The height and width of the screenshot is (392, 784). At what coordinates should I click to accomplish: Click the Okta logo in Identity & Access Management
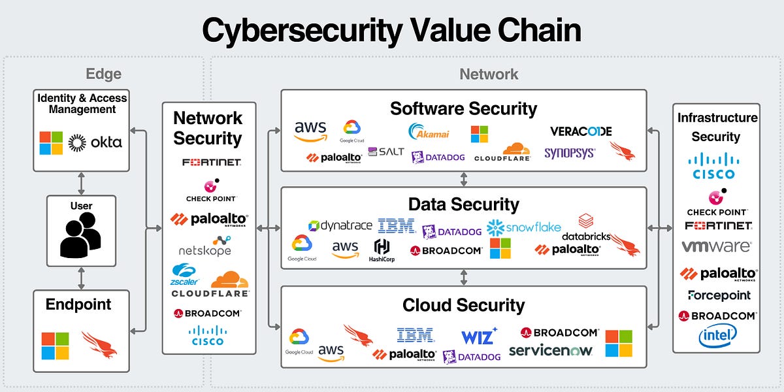pyautogui.click(x=95, y=142)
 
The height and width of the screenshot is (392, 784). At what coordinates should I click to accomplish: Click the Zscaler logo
pyautogui.click(x=184, y=273)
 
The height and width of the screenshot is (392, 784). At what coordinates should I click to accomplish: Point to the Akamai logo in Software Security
pyautogui.click(x=429, y=131)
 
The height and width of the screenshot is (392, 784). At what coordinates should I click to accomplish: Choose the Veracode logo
pyautogui.click(x=581, y=131)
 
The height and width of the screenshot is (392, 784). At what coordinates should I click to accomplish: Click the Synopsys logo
pyautogui.click(x=570, y=153)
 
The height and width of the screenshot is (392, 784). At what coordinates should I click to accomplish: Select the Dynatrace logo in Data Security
pyautogui.click(x=340, y=225)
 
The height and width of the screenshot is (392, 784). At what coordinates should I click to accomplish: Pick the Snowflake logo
pyautogui.click(x=524, y=227)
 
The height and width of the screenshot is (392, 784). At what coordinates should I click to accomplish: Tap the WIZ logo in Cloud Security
pyautogui.click(x=479, y=336)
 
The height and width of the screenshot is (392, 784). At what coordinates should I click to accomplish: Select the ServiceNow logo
pyautogui.click(x=551, y=351)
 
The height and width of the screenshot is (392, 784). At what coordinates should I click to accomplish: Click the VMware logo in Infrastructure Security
pyautogui.click(x=715, y=247)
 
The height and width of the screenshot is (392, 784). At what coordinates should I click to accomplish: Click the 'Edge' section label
pyautogui.click(x=103, y=74)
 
